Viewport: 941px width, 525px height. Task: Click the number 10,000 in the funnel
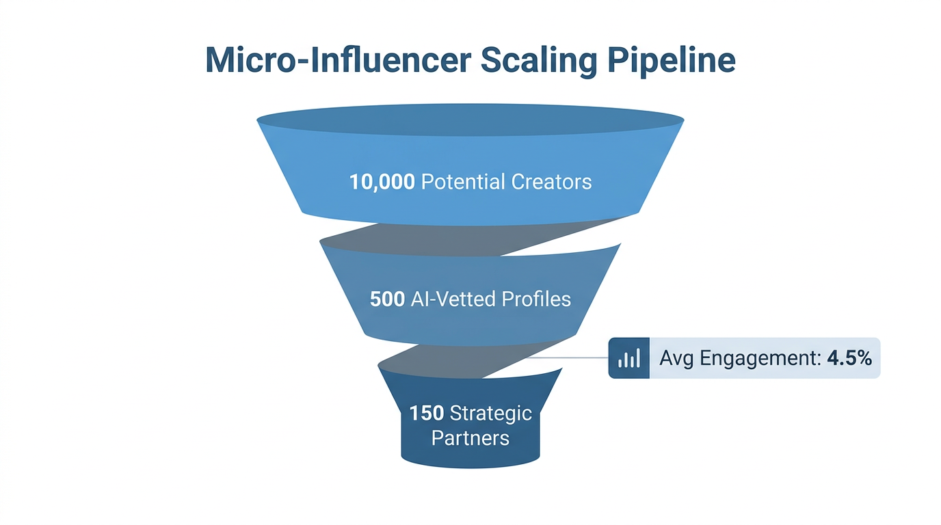coord(382,182)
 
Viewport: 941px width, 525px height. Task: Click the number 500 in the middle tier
coord(387,299)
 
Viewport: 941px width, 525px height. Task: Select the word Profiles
coord(536,299)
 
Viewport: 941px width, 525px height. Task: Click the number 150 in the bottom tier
coord(427,413)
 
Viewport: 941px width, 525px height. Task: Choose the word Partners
coord(471,437)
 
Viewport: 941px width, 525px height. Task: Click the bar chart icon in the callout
coord(628,358)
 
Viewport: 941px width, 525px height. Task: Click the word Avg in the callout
coord(675,358)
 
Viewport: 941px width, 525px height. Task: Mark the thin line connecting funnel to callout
coord(568,358)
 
